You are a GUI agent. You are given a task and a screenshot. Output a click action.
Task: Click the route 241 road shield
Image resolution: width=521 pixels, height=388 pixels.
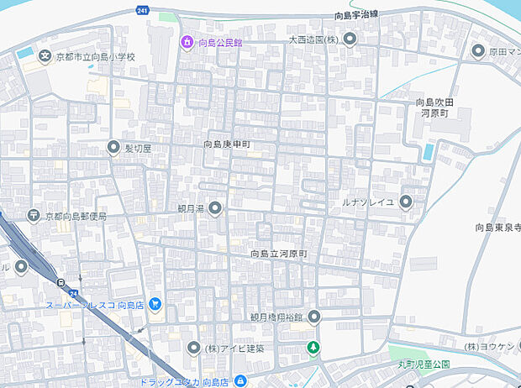tap(143, 11)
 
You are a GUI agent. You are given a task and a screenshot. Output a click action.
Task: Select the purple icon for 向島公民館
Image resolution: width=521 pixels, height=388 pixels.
tap(186, 41)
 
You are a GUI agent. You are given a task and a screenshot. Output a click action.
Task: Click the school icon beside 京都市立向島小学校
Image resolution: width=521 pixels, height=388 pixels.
tap(44, 55)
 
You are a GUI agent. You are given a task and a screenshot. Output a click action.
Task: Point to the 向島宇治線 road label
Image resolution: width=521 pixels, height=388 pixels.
tap(355, 14)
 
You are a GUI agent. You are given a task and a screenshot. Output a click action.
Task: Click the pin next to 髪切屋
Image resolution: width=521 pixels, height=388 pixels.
tap(113, 148)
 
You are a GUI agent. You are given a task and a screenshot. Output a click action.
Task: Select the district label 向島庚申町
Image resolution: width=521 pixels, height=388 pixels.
tap(226, 144)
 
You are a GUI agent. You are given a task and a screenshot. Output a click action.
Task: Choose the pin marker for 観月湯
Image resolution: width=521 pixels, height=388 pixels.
tap(214, 208)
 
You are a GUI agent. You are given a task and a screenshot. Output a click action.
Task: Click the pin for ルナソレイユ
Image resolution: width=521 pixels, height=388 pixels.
tap(407, 201)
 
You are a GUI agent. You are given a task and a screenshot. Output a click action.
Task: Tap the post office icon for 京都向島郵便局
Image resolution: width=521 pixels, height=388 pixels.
tap(34, 216)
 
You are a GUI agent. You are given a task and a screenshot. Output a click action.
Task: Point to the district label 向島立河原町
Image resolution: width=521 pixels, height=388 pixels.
tap(279, 253)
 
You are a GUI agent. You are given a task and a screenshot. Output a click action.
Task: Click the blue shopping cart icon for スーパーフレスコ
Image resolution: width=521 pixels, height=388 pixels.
tap(155, 304)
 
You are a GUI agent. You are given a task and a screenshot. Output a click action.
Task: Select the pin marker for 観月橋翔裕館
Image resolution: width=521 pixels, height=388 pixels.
tap(313, 317)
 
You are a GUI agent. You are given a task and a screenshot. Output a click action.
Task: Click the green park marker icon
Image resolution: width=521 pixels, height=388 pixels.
tap(313, 348)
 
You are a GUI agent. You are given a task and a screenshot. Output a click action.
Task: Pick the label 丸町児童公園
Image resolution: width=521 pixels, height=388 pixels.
tap(424, 364)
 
